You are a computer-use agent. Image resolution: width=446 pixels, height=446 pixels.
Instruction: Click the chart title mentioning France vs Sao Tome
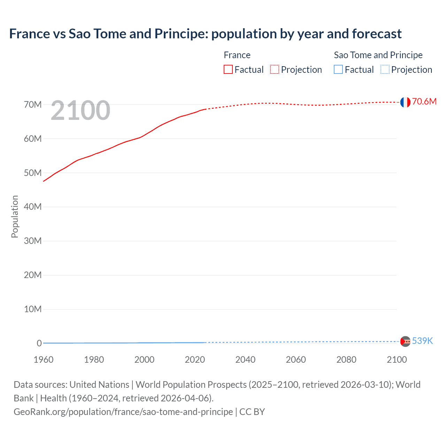pos(205,34)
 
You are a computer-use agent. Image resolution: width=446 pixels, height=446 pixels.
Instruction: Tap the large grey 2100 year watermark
pos(80,110)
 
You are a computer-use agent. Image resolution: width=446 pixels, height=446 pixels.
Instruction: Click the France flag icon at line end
pos(405,102)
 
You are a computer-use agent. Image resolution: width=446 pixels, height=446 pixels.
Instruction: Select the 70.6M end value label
pos(424,101)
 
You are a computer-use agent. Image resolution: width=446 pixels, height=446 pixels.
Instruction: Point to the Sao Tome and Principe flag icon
pos(405,341)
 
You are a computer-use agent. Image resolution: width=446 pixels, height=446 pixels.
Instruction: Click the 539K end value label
pos(422,341)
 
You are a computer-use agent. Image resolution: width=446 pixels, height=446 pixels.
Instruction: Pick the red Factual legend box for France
pos(228,70)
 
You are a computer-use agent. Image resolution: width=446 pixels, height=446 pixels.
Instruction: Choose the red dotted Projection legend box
pos(275,70)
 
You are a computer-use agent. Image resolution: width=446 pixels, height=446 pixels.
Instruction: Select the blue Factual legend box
pos(338,70)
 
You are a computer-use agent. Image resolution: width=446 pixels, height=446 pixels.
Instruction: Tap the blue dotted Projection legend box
pos(385,70)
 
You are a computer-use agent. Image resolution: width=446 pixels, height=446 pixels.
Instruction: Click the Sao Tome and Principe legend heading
pos(378,55)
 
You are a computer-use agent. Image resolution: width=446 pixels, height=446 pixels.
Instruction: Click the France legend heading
pos(237,55)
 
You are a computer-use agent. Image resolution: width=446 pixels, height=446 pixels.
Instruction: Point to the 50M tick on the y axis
pos(33,173)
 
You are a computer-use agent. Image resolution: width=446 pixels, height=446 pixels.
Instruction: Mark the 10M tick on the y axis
pos(33,309)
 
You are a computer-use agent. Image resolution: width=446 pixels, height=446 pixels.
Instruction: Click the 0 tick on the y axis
pos(39,343)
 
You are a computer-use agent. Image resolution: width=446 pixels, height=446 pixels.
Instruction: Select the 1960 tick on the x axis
pos(44,360)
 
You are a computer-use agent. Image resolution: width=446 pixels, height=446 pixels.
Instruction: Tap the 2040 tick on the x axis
pos(245,360)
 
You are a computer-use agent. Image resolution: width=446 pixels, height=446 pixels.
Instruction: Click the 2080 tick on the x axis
pos(346,360)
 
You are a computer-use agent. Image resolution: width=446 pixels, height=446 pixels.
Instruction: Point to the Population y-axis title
pos(15,216)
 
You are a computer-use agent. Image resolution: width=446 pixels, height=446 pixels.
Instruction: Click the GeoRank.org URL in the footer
pos(123,412)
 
